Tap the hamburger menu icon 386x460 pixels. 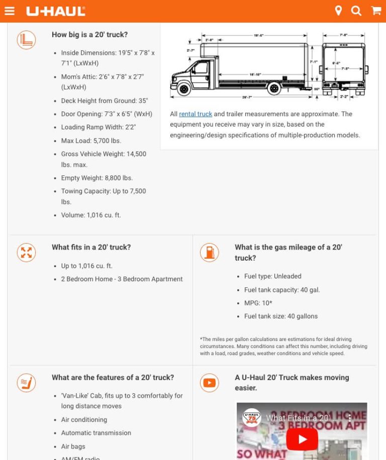coord(10,11)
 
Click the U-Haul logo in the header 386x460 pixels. coord(56,11)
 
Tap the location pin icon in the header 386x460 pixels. coord(338,11)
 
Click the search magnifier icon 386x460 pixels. coord(356,11)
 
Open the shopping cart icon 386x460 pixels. coord(376,11)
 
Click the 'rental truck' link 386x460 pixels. coord(196,114)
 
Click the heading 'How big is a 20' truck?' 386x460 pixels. coord(89,35)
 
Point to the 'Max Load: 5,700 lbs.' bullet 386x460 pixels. coord(91,141)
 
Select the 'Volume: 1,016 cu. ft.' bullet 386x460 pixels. coord(91,215)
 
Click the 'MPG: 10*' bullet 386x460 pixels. coord(258,303)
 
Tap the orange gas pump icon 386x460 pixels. coord(209,252)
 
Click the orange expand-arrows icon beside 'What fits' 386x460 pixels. coord(26,252)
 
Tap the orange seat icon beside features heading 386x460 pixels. coord(26,383)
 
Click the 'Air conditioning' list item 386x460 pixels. coord(84,419)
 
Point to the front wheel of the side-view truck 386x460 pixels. coord(184,89)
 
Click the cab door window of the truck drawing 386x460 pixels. coord(200,68)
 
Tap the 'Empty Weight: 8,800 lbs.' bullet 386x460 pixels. coord(97,178)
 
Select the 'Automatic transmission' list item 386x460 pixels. coord(96,433)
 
